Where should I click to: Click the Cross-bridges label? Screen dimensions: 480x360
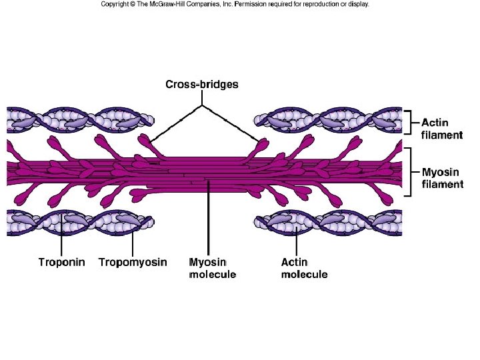tap(201, 85)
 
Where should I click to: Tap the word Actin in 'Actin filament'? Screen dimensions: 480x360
tap(435, 123)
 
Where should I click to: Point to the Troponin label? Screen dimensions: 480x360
tap(61, 262)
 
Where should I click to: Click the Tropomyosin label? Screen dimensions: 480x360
tap(133, 262)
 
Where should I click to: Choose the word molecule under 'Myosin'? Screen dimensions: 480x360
tap(213, 274)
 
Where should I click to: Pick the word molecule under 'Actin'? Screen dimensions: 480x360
tap(304, 274)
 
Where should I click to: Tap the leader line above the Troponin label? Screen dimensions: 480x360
tap(61, 237)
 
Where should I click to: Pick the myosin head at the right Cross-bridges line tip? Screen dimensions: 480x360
tap(261, 143)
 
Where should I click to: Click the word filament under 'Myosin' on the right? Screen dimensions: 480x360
tap(443, 184)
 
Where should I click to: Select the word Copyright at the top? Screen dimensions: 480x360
tap(115, 4)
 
